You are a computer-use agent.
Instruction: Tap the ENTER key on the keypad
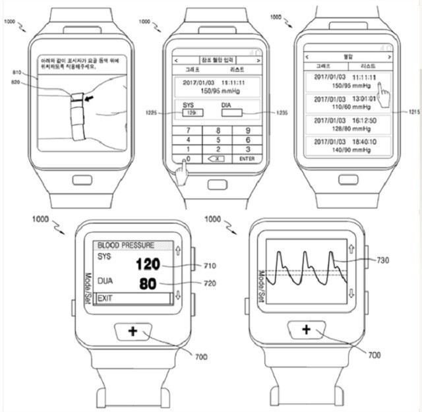(x=247, y=159)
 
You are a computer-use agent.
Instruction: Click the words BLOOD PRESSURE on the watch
(x=126, y=245)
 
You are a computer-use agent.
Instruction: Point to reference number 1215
(x=413, y=113)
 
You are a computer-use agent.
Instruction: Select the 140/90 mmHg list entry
(x=345, y=146)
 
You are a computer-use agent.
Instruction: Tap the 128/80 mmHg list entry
(x=345, y=125)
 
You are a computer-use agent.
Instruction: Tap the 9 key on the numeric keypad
(x=247, y=131)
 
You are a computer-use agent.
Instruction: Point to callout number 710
(x=210, y=266)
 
